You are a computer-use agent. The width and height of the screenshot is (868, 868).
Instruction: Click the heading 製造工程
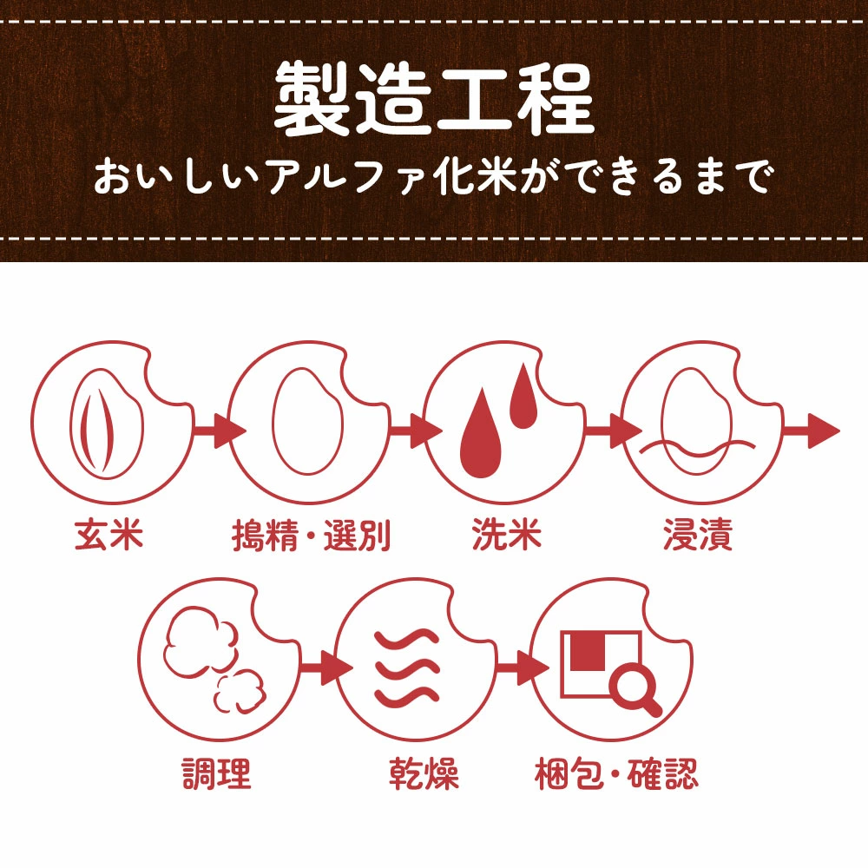(x=434, y=99)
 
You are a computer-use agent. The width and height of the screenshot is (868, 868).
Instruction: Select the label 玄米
(x=109, y=535)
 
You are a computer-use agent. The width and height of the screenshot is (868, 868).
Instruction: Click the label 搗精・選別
(x=312, y=535)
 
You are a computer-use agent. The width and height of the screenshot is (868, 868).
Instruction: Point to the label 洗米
(x=507, y=535)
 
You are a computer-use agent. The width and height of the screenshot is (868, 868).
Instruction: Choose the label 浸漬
(x=698, y=535)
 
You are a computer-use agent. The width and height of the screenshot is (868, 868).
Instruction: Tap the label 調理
(x=216, y=773)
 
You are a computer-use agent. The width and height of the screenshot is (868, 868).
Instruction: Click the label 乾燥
(x=424, y=773)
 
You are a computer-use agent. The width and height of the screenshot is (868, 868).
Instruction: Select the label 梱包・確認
(x=616, y=773)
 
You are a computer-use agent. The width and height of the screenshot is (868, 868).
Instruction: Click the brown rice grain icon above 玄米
(x=107, y=424)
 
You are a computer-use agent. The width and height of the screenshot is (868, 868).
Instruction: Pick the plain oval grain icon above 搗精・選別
(x=307, y=423)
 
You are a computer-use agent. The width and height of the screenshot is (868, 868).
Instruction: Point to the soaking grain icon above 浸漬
(x=697, y=424)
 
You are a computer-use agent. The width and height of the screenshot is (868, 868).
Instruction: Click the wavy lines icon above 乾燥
(x=407, y=667)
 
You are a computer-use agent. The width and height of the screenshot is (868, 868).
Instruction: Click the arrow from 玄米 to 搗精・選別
(x=220, y=431)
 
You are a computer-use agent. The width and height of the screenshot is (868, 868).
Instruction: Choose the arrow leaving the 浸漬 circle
(x=812, y=431)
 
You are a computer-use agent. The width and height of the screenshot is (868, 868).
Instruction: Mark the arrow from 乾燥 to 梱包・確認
(x=523, y=667)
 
